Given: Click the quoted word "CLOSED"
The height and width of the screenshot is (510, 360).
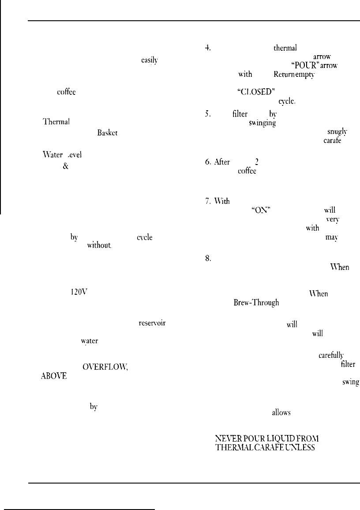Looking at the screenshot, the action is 256,92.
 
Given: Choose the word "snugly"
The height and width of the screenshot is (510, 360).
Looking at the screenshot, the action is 337,131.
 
